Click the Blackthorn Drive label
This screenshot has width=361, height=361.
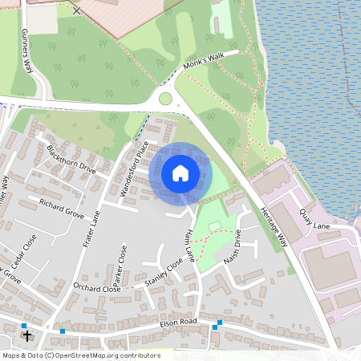tap(71, 159)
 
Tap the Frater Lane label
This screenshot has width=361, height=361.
tap(91, 229)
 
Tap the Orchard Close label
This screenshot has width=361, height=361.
tap(95, 288)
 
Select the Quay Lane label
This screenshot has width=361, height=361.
tap(315, 219)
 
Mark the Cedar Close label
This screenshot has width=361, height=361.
tap(24, 253)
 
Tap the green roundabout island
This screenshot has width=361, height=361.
tap(165, 99)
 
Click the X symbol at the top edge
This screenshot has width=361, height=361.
tap(77, 10)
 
